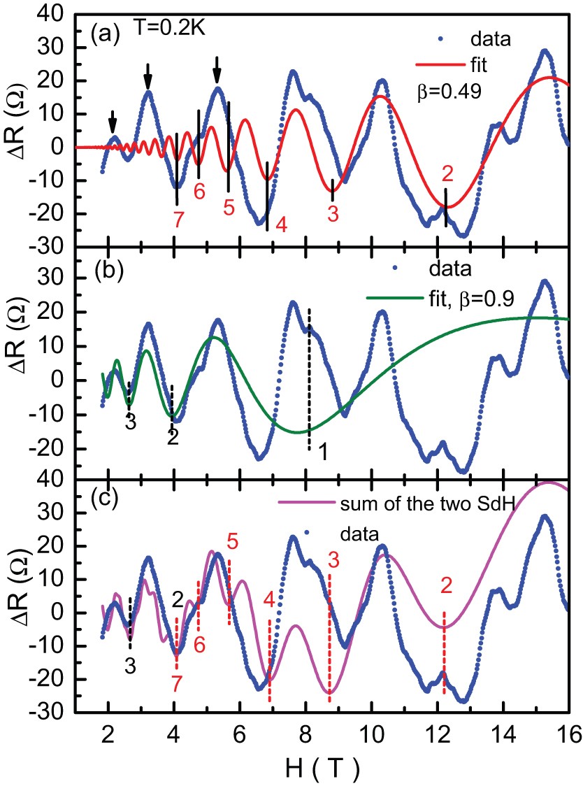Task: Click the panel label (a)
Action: click(x=103, y=34)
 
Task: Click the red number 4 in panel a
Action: click(x=281, y=224)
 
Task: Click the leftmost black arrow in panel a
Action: click(x=113, y=122)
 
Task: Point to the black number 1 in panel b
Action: click(x=322, y=452)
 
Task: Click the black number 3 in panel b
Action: click(x=129, y=422)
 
